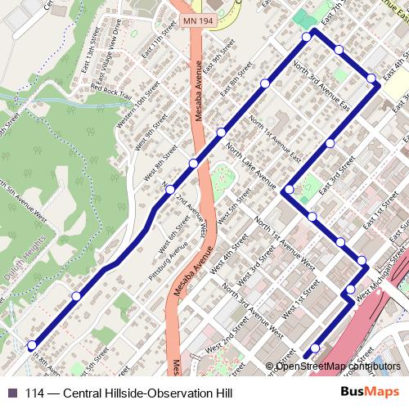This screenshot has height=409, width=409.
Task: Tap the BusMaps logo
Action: click(x=369, y=393)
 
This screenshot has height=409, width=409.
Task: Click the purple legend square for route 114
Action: click(x=11, y=393)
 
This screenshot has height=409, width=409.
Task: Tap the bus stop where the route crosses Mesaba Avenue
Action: click(x=194, y=164)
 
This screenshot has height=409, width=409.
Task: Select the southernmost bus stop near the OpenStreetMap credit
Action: click(x=315, y=348)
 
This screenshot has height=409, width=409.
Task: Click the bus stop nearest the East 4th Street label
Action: click(x=371, y=79)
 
